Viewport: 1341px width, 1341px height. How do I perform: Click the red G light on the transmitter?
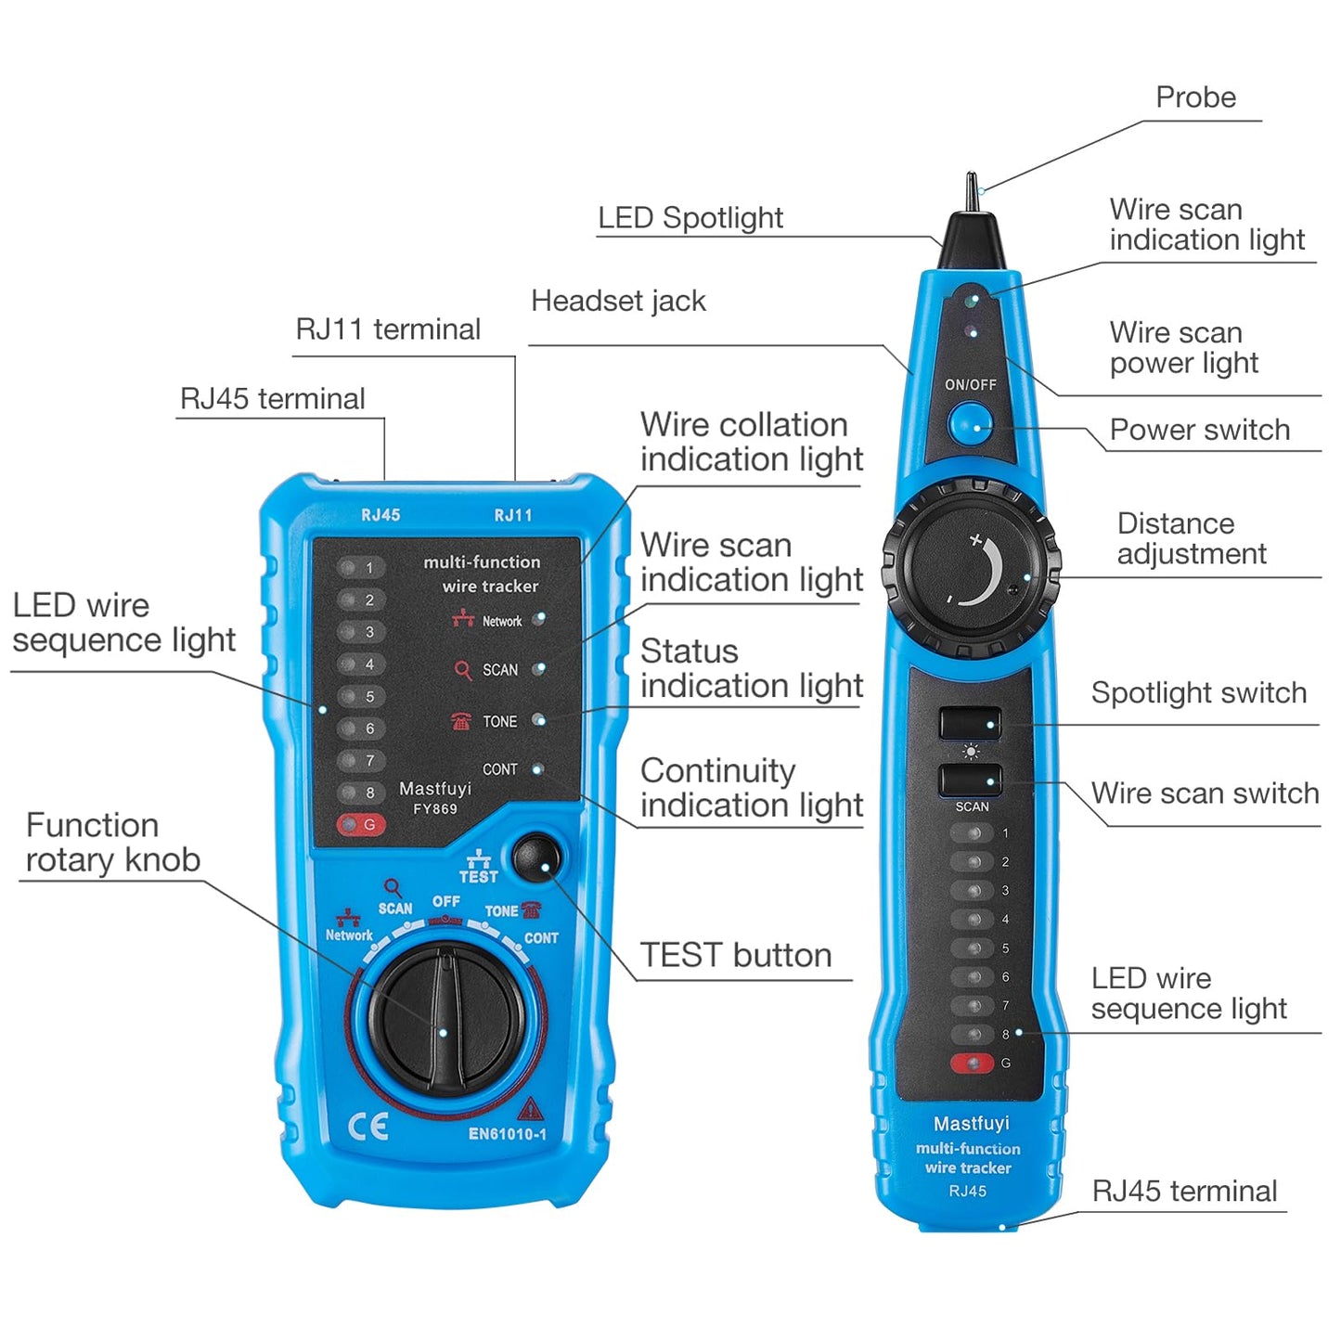pyautogui.click(x=360, y=824)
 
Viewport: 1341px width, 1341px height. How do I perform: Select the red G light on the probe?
pyautogui.click(x=972, y=1063)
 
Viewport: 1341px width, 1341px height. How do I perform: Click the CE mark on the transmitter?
pyautogui.click(x=367, y=1128)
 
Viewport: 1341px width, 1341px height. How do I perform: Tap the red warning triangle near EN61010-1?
pyautogui.click(x=530, y=1109)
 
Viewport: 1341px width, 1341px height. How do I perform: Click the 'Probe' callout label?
pyautogui.click(x=1195, y=97)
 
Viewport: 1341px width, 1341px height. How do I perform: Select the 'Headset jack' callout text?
pyautogui.click(x=618, y=301)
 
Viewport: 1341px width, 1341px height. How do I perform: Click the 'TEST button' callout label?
pyautogui.click(x=735, y=955)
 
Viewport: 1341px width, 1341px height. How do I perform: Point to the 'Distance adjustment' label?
pyautogui.click(x=1191, y=538)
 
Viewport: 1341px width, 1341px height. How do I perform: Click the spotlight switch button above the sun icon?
pyautogui.click(x=970, y=723)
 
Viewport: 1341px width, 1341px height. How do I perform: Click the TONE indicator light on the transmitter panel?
pyautogui.click(x=538, y=720)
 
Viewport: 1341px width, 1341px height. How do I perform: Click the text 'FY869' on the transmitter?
pyautogui.click(x=435, y=809)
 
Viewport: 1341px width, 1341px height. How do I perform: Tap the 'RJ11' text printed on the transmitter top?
pyautogui.click(x=513, y=515)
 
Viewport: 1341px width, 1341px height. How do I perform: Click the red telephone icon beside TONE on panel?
pyautogui.click(x=461, y=721)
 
